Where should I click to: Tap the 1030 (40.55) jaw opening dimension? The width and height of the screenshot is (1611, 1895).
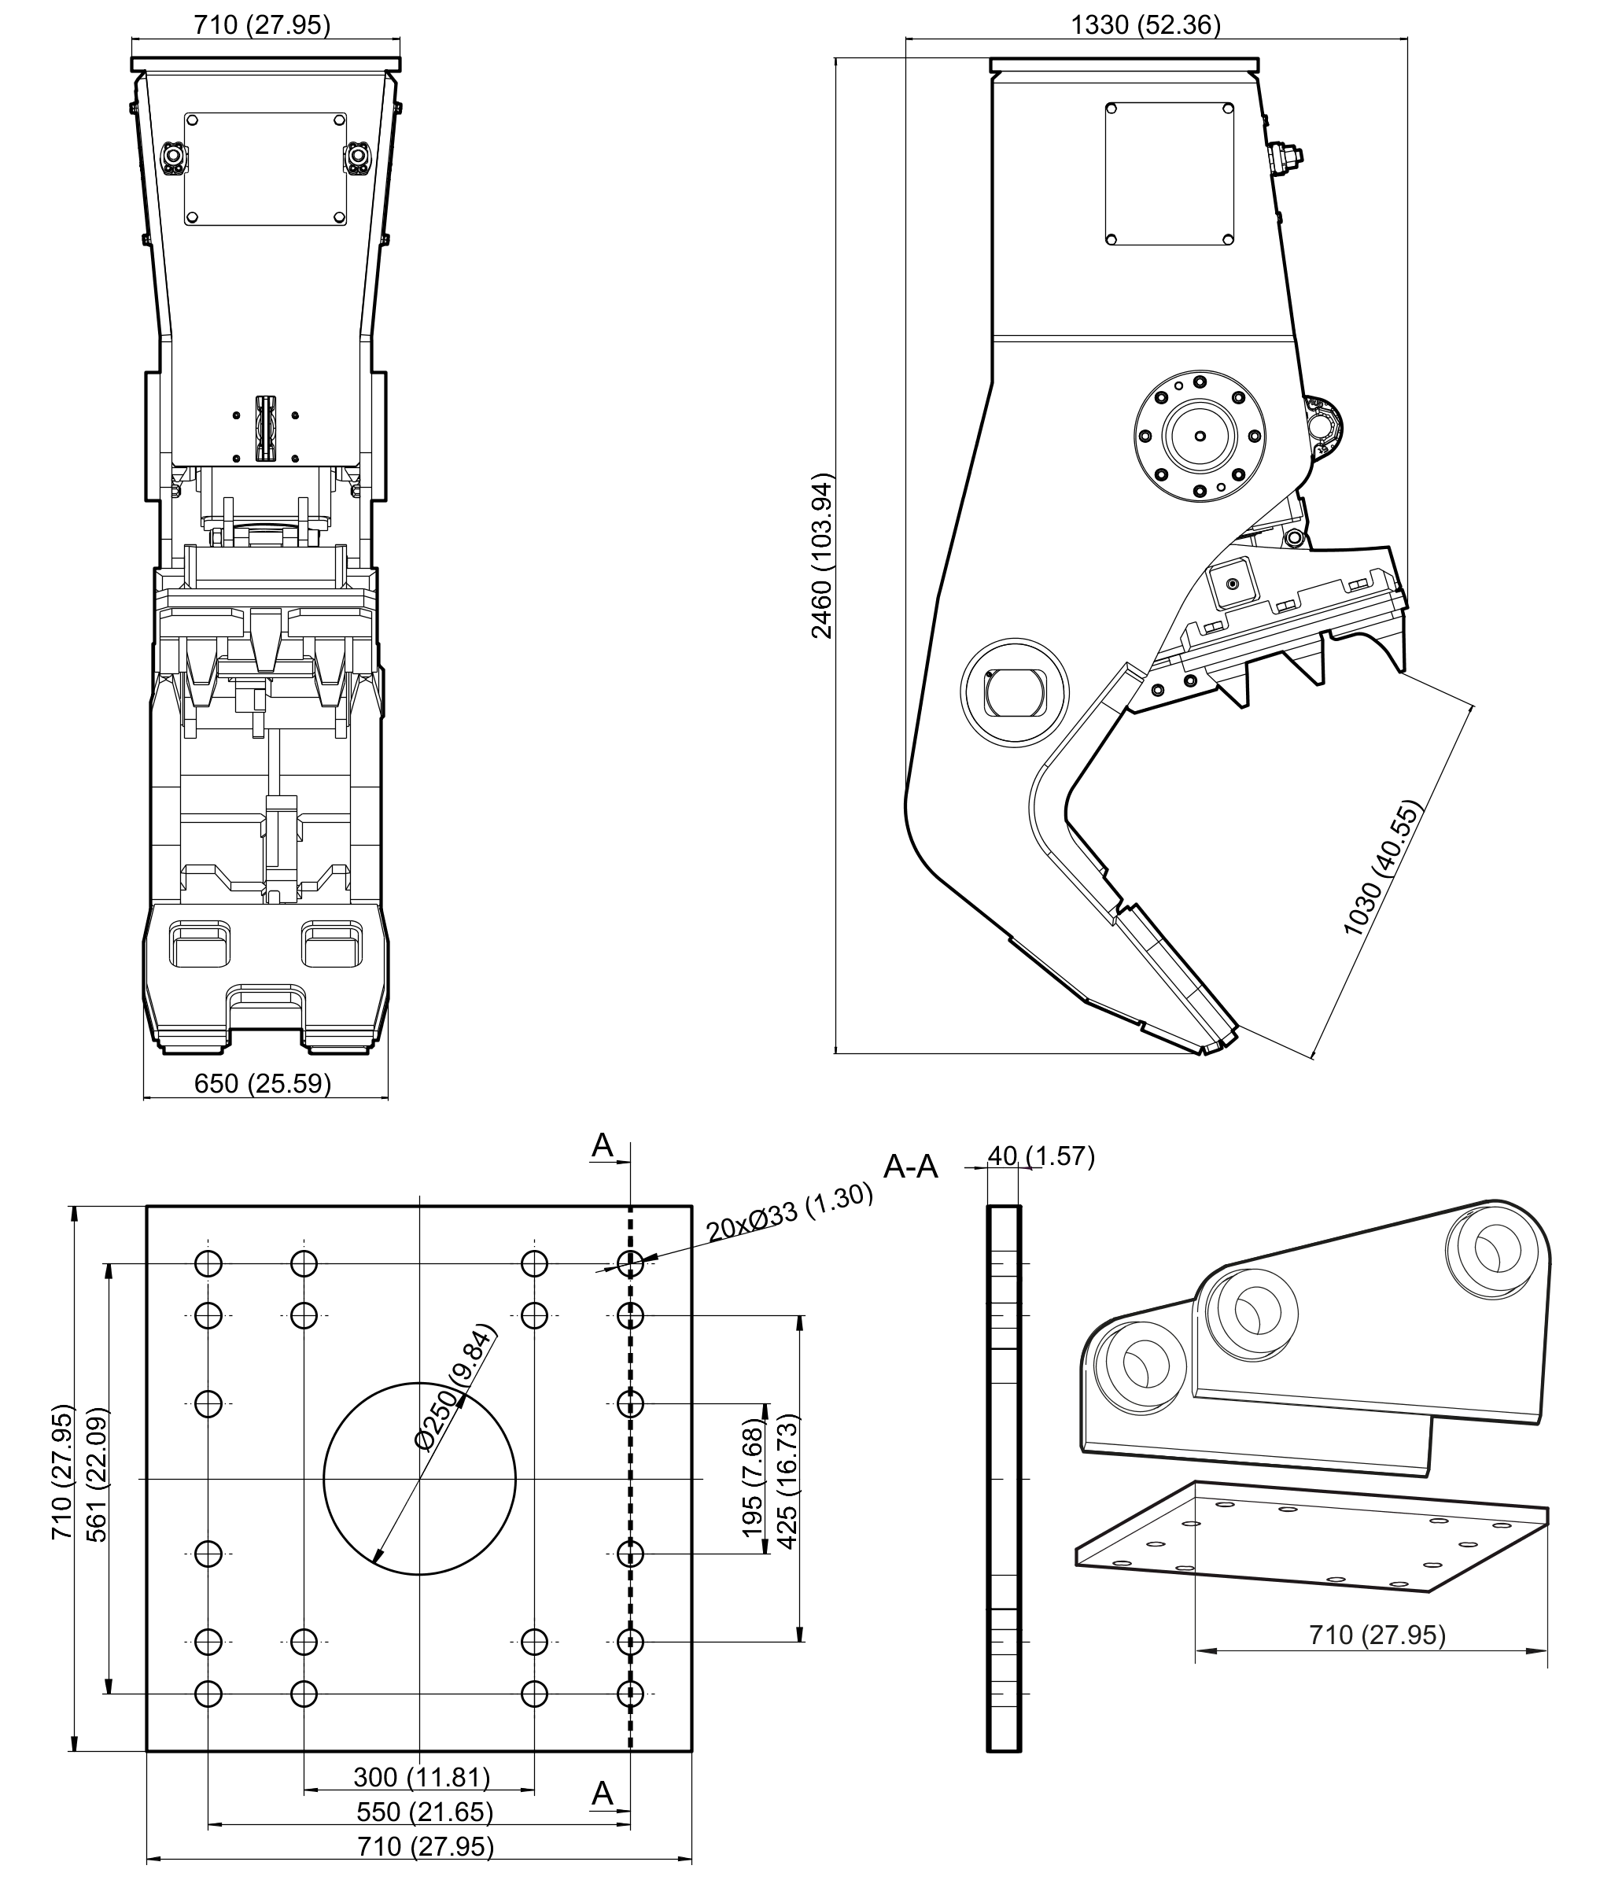coord(1383,868)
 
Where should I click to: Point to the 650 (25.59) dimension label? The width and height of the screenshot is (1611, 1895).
coord(263,1083)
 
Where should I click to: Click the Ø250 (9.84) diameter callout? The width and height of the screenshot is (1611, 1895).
coord(454,1386)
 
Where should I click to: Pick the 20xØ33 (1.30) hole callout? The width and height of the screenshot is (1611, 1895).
coord(789,1212)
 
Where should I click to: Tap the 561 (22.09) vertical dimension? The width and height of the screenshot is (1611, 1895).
coord(97,1474)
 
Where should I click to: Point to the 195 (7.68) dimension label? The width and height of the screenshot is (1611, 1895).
coord(753,1477)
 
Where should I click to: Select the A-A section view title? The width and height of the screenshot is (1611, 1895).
coord(911,1167)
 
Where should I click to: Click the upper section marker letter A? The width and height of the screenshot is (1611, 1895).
coord(603,1145)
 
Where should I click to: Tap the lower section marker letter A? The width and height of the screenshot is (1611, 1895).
coord(603,1794)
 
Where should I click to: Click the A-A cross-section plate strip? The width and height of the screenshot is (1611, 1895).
coord(1004,1479)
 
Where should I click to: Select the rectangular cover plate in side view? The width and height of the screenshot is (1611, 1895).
coord(1170,174)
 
